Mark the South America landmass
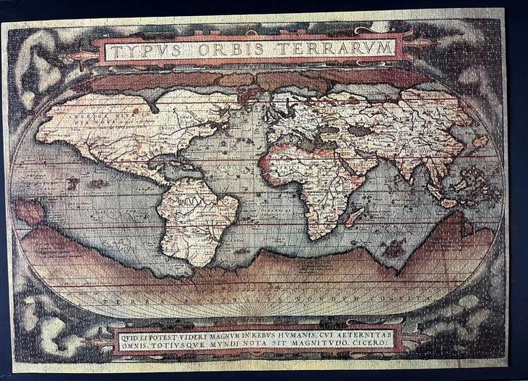pyautogui.click(x=196, y=215)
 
